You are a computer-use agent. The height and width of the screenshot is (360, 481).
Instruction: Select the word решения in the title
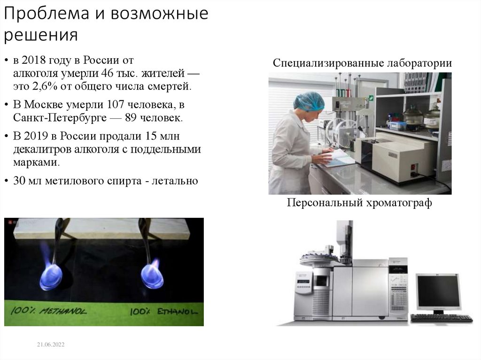pyautogui.click(x=41, y=36)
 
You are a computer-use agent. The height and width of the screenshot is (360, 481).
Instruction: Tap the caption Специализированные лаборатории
pyautogui.click(x=362, y=63)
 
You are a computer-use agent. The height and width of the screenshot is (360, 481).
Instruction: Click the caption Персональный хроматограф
pyautogui.click(x=359, y=203)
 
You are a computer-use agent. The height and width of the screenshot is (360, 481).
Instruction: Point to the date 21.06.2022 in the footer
pyautogui.click(x=51, y=345)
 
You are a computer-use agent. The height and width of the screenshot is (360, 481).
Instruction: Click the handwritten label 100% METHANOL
pyautogui.click(x=47, y=310)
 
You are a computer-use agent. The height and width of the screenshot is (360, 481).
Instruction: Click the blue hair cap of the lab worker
pyautogui.click(x=309, y=101)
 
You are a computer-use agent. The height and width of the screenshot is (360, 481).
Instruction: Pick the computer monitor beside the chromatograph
pyautogui.click(x=438, y=292)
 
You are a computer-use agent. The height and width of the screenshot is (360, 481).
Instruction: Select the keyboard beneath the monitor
pyautogui.click(x=442, y=318)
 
